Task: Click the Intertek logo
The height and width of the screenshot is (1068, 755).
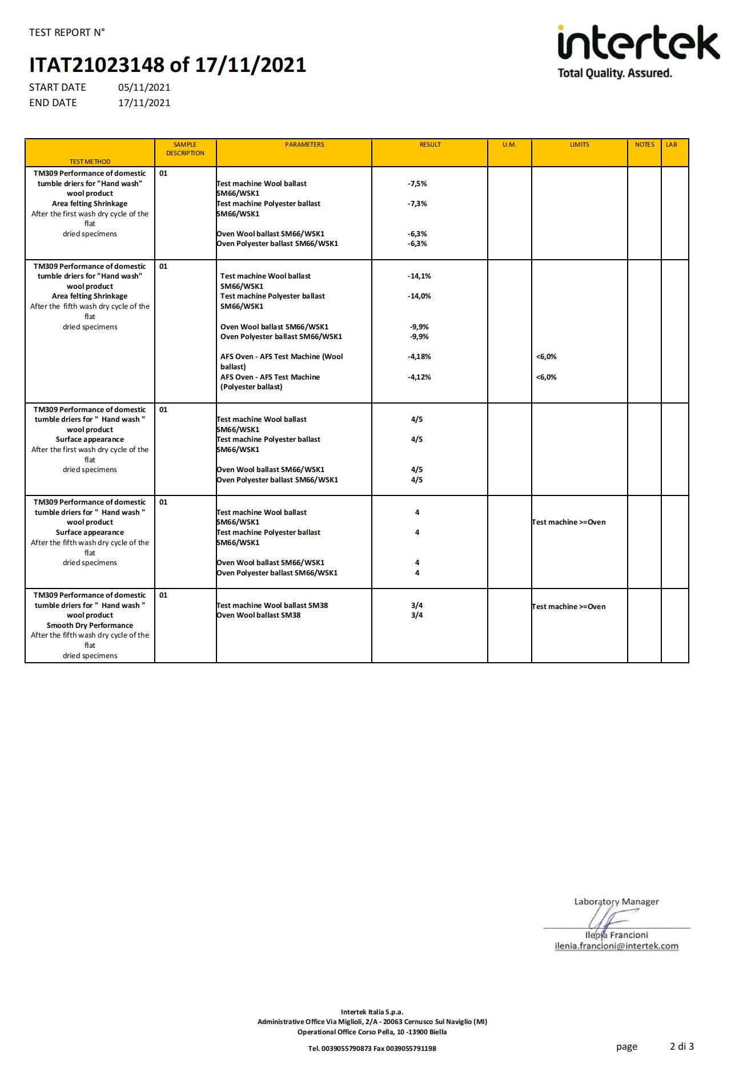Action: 638,51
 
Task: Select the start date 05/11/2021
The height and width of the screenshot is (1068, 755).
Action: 144,87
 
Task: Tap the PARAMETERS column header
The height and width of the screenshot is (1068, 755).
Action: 304,145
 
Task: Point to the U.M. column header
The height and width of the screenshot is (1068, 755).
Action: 509,145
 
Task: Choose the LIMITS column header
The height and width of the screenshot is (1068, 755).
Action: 579,145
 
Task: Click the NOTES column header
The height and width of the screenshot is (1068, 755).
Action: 644,145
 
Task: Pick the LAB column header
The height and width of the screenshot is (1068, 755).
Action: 671,145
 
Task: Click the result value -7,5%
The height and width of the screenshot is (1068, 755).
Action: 417,184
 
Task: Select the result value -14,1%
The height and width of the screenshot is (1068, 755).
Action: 419,276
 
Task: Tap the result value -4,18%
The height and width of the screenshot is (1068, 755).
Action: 419,357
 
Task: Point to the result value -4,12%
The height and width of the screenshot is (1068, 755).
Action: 419,377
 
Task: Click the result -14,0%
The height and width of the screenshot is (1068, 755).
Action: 419,296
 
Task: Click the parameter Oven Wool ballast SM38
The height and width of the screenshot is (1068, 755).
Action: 259,615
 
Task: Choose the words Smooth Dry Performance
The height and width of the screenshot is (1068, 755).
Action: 90,626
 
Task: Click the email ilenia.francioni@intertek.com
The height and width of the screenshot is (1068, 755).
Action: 616,946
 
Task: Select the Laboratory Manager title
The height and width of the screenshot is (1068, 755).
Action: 616,902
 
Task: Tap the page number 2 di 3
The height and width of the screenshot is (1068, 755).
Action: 681,1046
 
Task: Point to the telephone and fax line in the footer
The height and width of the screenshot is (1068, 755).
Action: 372,1048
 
